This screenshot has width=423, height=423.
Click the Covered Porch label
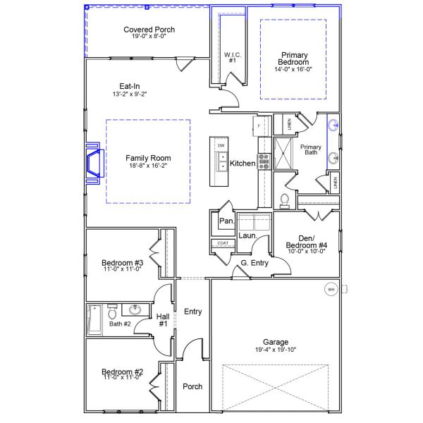click(x=149, y=30)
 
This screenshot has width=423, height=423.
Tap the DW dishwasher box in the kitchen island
click(x=221, y=145)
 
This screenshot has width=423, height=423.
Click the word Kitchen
click(x=243, y=164)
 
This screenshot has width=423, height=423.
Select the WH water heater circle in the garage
click(x=331, y=289)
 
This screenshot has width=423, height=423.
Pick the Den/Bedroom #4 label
click(x=308, y=242)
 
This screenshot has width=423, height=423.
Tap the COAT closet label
click(x=223, y=243)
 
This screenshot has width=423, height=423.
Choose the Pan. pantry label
click(x=226, y=221)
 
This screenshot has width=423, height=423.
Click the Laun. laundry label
click(x=247, y=235)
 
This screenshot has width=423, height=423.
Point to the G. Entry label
click(x=255, y=263)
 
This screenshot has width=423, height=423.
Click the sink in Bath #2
click(x=135, y=310)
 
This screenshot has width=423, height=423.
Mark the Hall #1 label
click(x=163, y=320)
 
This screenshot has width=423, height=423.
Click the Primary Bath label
click(x=311, y=149)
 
